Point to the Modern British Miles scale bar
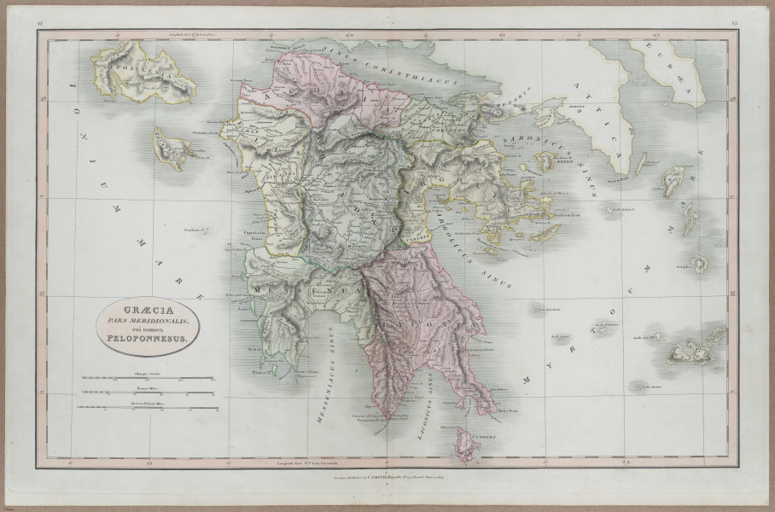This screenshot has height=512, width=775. (x=145, y=407)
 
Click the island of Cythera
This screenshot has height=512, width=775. (x=464, y=441)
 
